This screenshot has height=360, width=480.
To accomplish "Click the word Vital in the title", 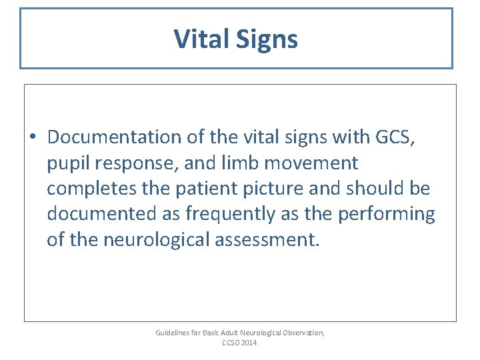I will tap(201, 39).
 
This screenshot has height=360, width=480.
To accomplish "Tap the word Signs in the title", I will tap(267, 40).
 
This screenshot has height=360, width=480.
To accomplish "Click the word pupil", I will tap(65, 164).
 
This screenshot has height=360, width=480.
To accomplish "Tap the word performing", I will tap(387, 215).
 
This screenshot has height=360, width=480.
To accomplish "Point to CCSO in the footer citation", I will tap(231, 343).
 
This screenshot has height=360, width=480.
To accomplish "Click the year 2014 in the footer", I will tap(249, 343).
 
